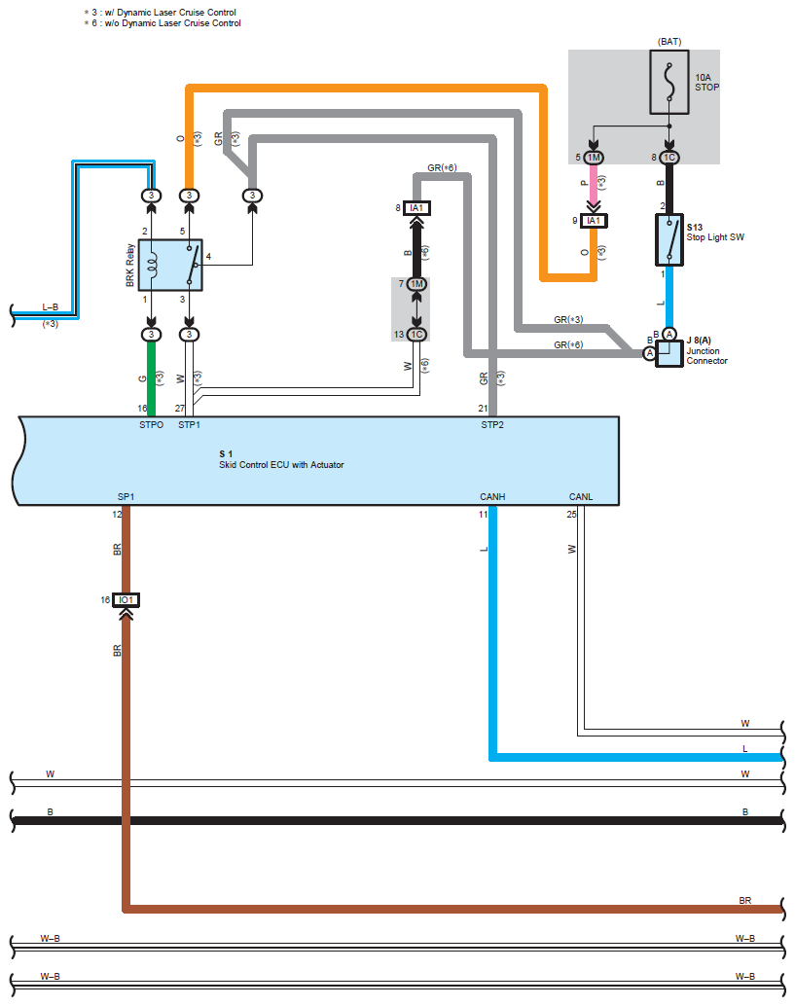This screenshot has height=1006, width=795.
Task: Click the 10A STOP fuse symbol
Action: [669, 82]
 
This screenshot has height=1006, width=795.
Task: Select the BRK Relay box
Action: [170, 265]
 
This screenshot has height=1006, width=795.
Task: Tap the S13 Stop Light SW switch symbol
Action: [669, 240]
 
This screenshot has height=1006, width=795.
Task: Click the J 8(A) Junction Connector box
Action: [669, 353]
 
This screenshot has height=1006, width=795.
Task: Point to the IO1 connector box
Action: [126, 600]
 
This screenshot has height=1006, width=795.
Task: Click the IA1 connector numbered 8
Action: [416, 208]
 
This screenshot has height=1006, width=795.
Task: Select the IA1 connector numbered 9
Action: [594, 221]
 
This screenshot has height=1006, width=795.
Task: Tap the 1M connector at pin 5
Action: [594, 158]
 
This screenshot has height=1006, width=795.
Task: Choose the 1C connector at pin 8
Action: [669, 158]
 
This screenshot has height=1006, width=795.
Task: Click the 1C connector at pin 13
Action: [416, 335]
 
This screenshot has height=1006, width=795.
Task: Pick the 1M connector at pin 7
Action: [416, 283]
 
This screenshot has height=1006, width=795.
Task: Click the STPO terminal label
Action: [152, 425]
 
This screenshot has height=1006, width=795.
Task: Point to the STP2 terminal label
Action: [492, 425]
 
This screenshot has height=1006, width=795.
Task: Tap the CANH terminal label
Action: [492, 496]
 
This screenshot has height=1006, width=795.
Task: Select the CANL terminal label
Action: [581, 496]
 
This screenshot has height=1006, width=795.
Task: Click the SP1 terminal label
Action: [126, 496]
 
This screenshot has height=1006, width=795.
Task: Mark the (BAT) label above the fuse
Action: [669, 42]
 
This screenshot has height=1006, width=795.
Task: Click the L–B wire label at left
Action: [50, 307]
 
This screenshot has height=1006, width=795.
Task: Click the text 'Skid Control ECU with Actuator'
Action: [281, 464]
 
